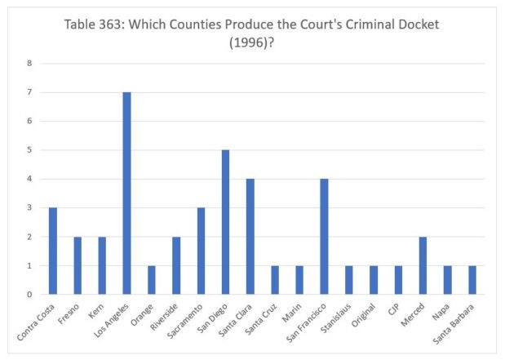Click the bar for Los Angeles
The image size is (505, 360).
(x=127, y=193)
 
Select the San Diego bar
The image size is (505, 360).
(x=226, y=222)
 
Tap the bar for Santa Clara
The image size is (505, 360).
(x=250, y=237)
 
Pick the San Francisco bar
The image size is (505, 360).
(x=325, y=237)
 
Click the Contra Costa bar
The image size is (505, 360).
(x=53, y=251)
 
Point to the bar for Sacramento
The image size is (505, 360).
(x=201, y=251)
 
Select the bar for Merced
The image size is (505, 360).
(x=423, y=265)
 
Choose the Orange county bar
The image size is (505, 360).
(x=152, y=280)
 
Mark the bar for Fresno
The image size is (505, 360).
(x=78, y=265)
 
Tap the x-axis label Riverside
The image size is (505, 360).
(x=166, y=314)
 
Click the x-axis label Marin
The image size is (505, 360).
(x=294, y=309)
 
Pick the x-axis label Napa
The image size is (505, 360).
(x=441, y=309)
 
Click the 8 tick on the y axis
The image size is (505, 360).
(x=29, y=64)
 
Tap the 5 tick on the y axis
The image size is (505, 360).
(x=29, y=150)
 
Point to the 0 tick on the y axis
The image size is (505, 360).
(x=29, y=295)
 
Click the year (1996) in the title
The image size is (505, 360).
(x=252, y=42)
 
